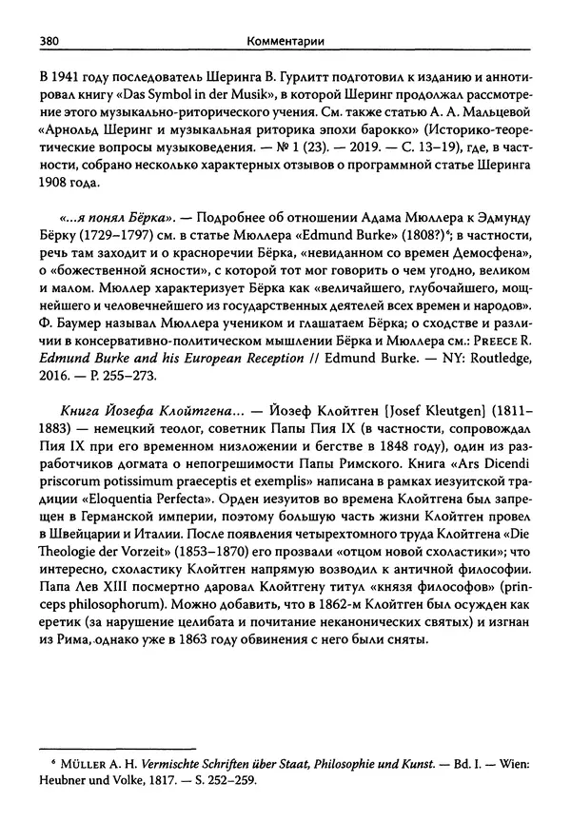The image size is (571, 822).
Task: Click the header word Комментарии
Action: click(284, 41)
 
